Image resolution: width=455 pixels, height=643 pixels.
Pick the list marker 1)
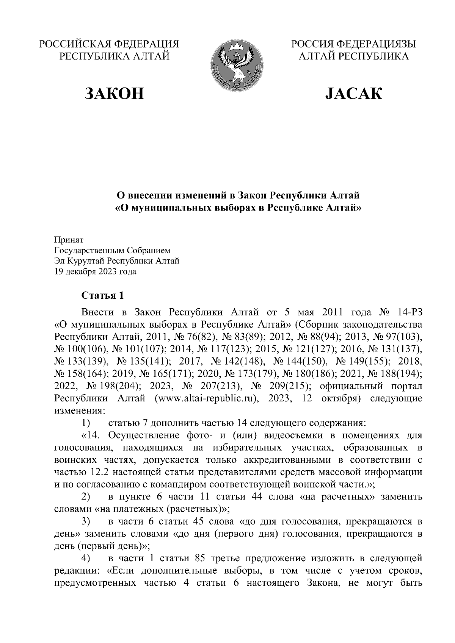coord(86,422)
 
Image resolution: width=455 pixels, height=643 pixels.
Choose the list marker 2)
coord(86,497)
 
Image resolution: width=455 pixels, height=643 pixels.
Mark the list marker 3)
coord(86,522)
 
